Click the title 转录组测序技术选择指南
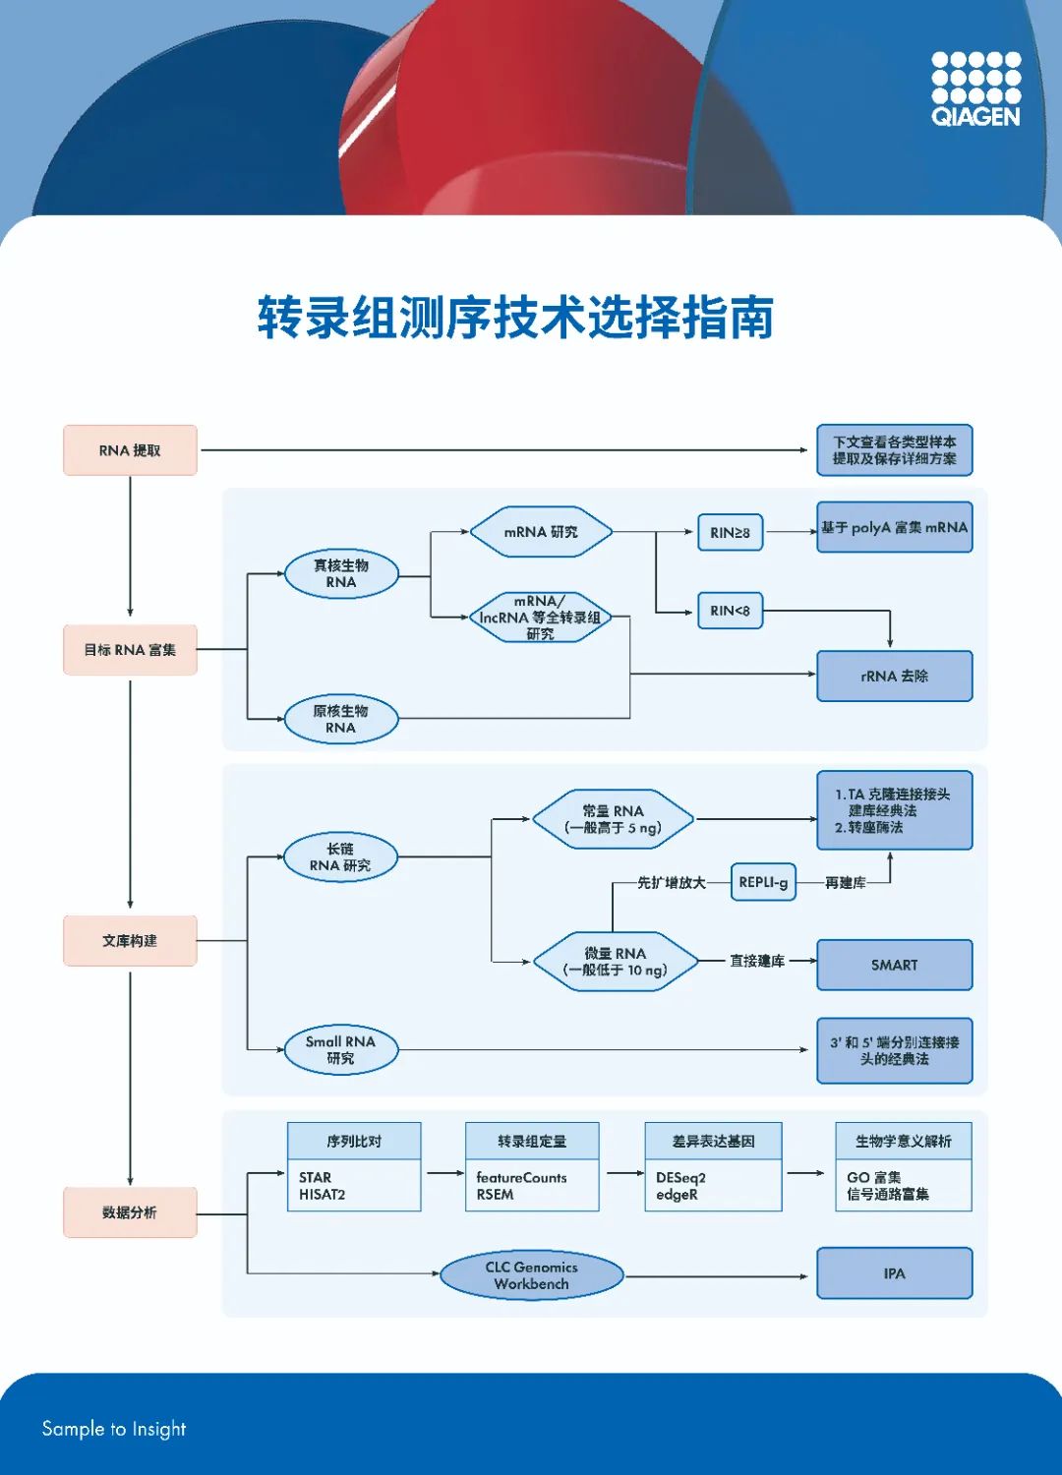tap(515, 318)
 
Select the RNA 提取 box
tap(130, 450)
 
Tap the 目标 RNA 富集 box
tap(130, 650)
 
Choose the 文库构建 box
tap(130, 941)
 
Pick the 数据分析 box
tap(130, 1212)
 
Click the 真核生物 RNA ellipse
tap(341, 574)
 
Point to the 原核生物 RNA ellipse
tap(341, 719)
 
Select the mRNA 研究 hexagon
tap(541, 532)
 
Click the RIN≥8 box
tap(730, 532)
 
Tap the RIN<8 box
tap(730, 611)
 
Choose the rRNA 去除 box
tap(894, 677)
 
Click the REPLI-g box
tap(763, 882)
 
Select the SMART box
tap(894, 965)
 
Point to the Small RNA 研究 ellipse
tap(340, 1049)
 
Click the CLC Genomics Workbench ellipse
tap(531, 1275)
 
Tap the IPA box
tap(894, 1273)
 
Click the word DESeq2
tap(680, 1177)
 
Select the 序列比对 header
tap(354, 1141)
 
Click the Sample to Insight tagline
tap(114, 1429)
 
